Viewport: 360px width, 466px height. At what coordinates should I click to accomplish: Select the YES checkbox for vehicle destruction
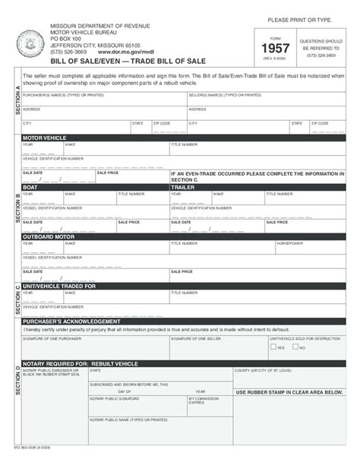point(273,347)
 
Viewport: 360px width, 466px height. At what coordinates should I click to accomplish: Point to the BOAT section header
point(30,186)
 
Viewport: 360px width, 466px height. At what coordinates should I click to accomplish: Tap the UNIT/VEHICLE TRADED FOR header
point(59,286)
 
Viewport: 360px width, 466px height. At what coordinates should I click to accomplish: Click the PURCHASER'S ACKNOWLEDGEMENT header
point(71,321)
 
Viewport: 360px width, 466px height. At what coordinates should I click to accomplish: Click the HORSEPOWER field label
point(289,243)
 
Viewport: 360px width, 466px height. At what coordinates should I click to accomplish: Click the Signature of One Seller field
point(217,346)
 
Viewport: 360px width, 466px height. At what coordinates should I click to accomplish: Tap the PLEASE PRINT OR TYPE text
point(299,18)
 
